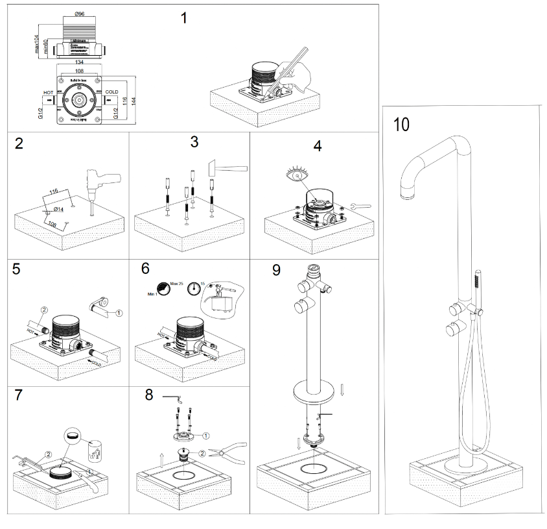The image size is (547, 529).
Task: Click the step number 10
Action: tap(402, 125)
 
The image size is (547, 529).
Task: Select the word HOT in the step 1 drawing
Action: tap(48, 92)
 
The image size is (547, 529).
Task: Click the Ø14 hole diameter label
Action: tap(57, 209)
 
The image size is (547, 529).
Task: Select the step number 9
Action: tap(276, 269)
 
